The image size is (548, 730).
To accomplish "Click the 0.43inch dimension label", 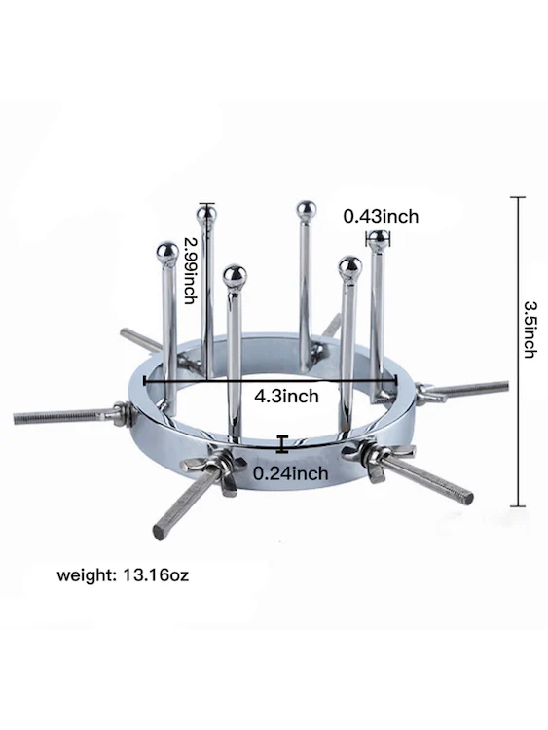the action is tap(381, 217).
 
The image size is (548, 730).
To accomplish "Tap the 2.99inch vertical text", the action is tap(189, 270).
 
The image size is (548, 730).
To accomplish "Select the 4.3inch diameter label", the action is tap(287, 396).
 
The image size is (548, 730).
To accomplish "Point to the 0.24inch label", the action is tap(291, 473).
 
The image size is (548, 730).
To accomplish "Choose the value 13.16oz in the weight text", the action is tap(156, 575).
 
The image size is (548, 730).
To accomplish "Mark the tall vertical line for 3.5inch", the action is tap(518, 352).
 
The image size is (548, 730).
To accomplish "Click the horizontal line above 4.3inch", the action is tap(271, 381).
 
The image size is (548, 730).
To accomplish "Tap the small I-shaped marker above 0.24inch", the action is tap(281, 443).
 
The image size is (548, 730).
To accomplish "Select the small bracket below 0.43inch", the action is tap(378, 240).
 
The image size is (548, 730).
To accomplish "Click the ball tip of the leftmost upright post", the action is tap(167, 253).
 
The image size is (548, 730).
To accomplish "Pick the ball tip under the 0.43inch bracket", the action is tap(379, 238).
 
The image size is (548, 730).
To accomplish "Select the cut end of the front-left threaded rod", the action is tap(161, 531).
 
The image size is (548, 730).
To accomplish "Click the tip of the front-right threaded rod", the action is tap(467, 498).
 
